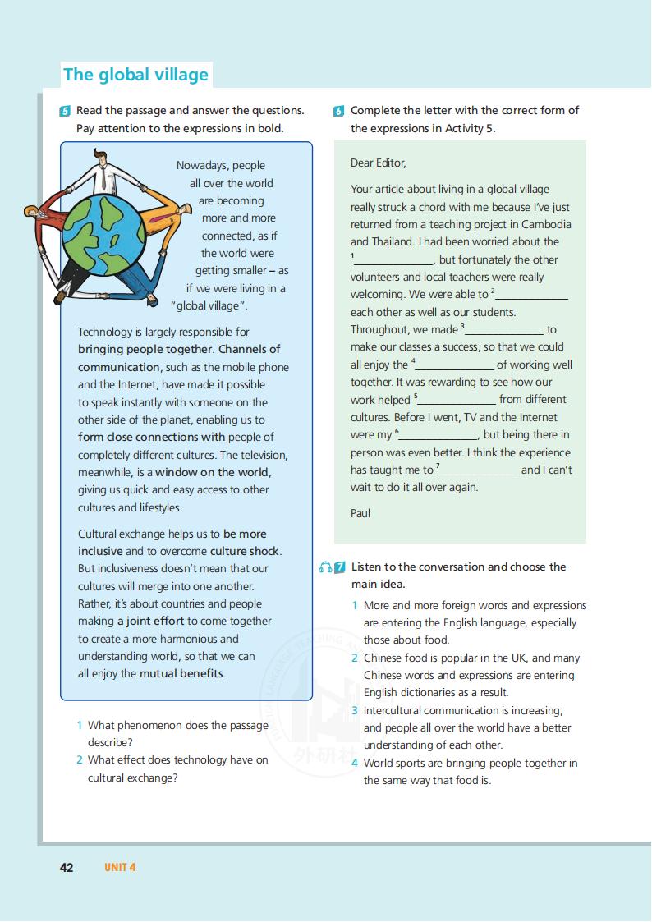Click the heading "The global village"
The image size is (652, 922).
(x=136, y=75)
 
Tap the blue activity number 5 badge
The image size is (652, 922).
(x=66, y=111)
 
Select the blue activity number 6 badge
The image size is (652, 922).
(x=339, y=112)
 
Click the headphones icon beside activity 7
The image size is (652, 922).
(x=326, y=567)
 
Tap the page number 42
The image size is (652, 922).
(x=67, y=868)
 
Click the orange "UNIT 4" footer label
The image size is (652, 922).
(x=119, y=868)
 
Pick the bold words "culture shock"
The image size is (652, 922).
(x=245, y=551)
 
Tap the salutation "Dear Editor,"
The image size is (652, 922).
(x=378, y=163)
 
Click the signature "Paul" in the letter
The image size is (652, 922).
(x=360, y=513)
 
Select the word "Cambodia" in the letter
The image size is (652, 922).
(x=542, y=224)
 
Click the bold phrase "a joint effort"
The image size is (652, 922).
(x=150, y=621)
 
